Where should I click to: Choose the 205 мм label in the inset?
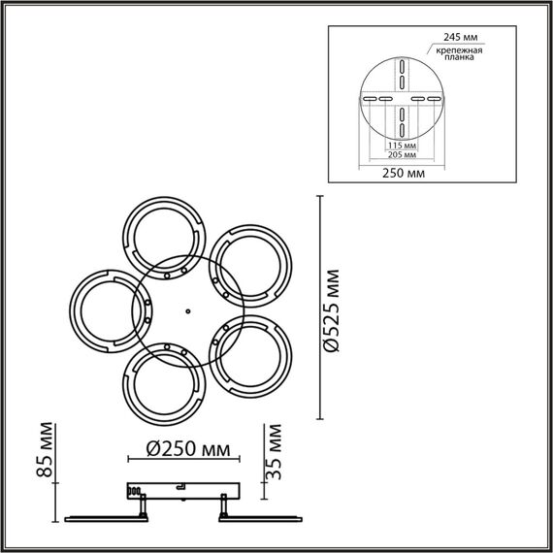pyautogui.click(x=402, y=155)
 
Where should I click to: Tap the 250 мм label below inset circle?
pyautogui.click(x=402, y=174)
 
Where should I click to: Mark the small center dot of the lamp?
pyautogui.click(x=185, y=311)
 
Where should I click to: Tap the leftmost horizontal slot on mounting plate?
pyautogui.click(x=369, y=99)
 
